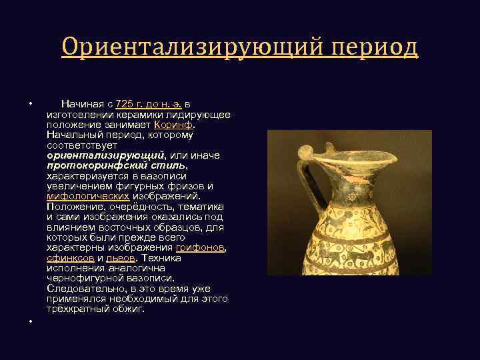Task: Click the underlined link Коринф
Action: pyautogui.click(x=173, y=124)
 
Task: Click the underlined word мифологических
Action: pyautogui.click(x=88, y=196)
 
